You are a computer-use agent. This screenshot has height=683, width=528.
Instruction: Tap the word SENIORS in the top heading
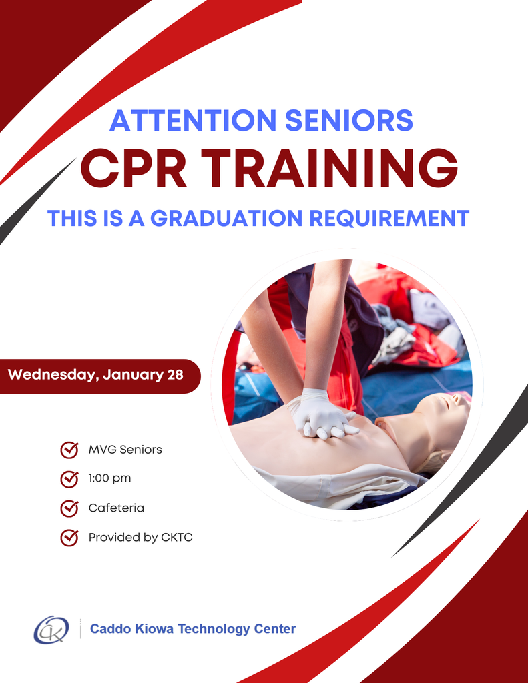coord(348,121)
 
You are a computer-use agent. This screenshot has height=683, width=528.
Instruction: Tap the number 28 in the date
coord(175,375)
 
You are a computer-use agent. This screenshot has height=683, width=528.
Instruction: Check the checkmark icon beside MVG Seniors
coord(69,450)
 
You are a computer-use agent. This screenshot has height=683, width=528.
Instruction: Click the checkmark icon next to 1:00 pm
coord(69,479)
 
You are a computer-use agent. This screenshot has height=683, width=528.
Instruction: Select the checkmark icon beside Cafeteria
coord(69,508)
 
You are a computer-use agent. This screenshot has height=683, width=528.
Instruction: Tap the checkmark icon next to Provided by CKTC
coord(69,537)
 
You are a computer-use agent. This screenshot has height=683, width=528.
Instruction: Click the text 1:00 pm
coord(109,479)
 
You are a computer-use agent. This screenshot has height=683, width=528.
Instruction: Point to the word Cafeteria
coord(116,508)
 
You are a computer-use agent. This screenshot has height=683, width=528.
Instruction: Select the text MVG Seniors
coord(125,450)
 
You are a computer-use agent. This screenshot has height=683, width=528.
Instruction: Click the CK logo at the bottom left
coord(51,628)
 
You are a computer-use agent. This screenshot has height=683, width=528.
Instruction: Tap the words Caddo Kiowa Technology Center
coord(192,628)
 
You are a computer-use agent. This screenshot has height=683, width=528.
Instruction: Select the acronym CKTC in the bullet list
coord(177,537)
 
